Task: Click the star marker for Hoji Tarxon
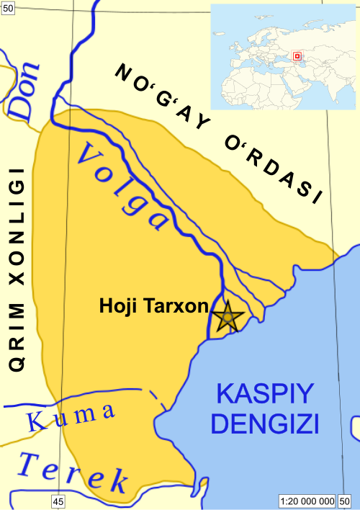tap(227, 317)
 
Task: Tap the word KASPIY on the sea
tap(266, 394)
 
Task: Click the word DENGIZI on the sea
tap(266, 424)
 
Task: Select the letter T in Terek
tap(33, 465)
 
